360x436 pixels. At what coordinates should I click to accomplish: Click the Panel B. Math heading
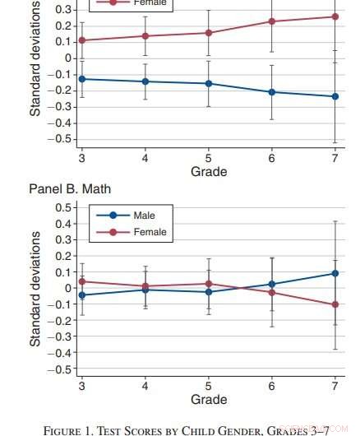[x=70, y=189]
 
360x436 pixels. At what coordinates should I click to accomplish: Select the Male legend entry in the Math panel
[x=144, y=216]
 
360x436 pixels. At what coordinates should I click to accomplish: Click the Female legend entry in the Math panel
[x=149, y=232]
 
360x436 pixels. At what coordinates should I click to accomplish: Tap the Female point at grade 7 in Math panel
[x=335, y=304]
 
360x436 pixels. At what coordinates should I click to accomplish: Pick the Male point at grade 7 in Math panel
[x=335, y=273]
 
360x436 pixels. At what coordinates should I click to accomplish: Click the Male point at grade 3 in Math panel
[x=81, y=295]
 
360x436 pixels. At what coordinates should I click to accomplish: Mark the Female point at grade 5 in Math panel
[x=209, y=284]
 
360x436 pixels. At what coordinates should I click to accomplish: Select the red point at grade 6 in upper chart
[x=272, y=21]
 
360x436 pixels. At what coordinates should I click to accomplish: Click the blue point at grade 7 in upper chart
[x=335, y=96]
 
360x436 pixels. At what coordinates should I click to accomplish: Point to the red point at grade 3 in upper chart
[x=81, y=40]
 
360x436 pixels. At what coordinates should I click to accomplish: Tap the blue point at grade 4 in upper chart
[x=145, y=81]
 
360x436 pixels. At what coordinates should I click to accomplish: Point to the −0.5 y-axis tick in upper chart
[x=61, y=139]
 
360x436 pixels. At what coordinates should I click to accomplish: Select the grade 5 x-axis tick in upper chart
[x=209, y=158]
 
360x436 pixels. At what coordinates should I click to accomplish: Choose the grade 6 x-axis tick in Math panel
[x=272, y=386]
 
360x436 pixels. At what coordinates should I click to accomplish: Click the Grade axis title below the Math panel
[x=209, y=400]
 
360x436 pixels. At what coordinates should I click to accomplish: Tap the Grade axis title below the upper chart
[x=209, y=172]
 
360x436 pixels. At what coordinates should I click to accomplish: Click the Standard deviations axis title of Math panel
[x=35, y=288]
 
